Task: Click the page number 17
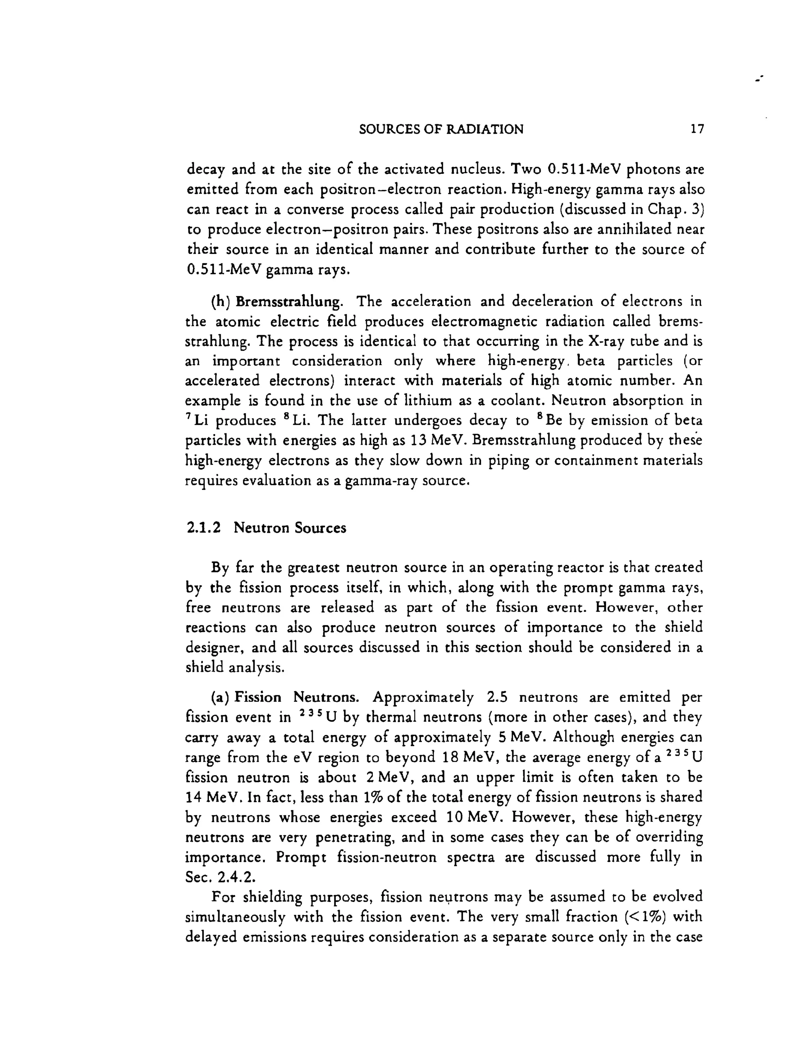(x=697, y=129)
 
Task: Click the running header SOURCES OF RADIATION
(x=441, y=129)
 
